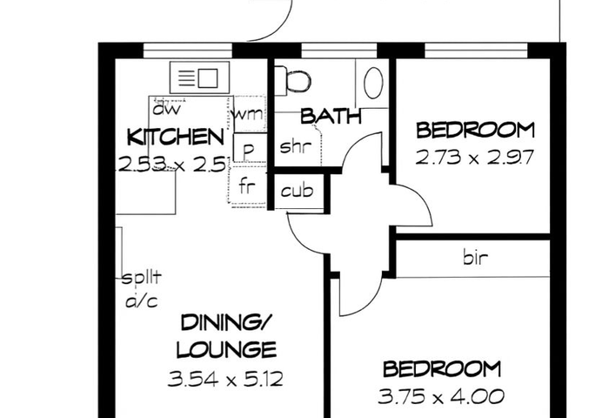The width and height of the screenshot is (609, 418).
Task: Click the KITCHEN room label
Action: (x=176, y=137)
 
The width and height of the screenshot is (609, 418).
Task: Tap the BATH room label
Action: (x=331, y=117)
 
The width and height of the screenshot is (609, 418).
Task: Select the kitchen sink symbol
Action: (x=199, y=78)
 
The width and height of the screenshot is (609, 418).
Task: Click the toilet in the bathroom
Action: (x=292, y=80)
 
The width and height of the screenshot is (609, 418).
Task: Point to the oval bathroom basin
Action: (x=373, y=83)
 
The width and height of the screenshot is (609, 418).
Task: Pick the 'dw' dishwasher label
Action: (x=167, y=109)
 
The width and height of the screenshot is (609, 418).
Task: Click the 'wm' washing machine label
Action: (x=247, y=115)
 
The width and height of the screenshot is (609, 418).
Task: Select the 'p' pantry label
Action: (x=249, y=149)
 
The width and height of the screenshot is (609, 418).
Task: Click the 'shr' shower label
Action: (x=296, y=146)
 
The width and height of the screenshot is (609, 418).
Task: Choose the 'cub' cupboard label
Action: (x=298, y=191)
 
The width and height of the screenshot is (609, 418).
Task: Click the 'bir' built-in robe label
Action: (x=475, y=257)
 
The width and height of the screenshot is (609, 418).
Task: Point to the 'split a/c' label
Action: (x=141, y=289)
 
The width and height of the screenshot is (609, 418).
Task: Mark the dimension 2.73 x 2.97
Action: (x=475, y=158)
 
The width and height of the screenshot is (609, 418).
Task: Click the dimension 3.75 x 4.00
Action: (x=441, y=396)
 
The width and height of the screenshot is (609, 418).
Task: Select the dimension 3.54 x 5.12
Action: (x=225, y=379)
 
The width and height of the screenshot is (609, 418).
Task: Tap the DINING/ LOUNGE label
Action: (x=226, y=336)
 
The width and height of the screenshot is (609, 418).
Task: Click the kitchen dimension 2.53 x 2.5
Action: (x=171, y=165)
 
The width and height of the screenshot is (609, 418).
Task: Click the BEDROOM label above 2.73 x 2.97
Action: (x=475, y=131)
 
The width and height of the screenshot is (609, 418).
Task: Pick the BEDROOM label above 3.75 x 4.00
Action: (x=442, y=369)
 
